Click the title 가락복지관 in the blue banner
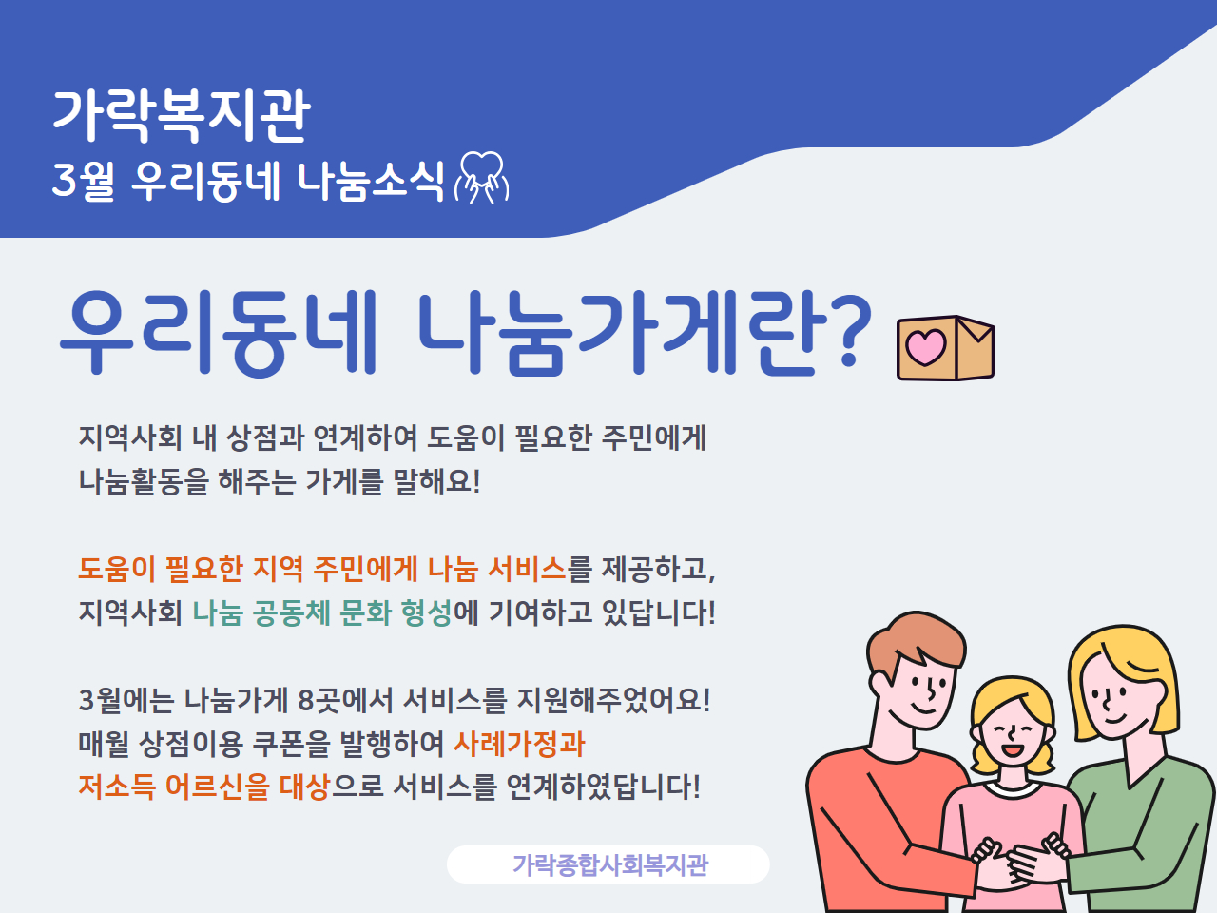(x=182, y=115)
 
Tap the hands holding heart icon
(x=481, y=178)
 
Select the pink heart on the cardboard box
(x=925, y=347)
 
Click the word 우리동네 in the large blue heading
(x=219, y=332)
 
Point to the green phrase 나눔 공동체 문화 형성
(x=321, y=612)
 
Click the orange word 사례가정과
(x=519, y=744)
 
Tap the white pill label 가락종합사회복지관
(x=608, y=864)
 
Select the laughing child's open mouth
(x=1012, y=750)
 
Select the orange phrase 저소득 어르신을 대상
(x=204, y=787)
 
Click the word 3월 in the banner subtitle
(x=84, y=180)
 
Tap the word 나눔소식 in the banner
(x=371, y=180)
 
